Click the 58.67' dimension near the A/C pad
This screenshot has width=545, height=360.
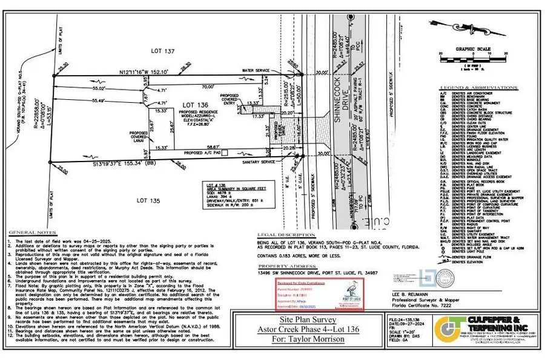coord(211,147)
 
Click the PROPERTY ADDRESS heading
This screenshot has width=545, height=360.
coord(284,266)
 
